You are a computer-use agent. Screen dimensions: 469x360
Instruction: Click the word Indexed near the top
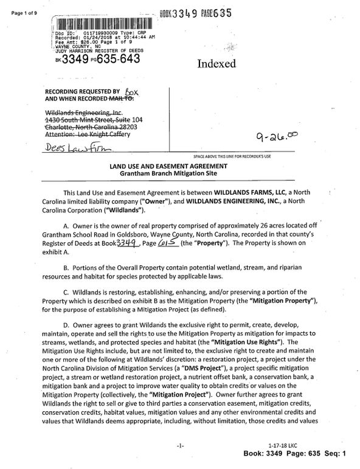[x=216, y=64]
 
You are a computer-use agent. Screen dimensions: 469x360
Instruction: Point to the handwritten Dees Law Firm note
[x=75, y=148]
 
